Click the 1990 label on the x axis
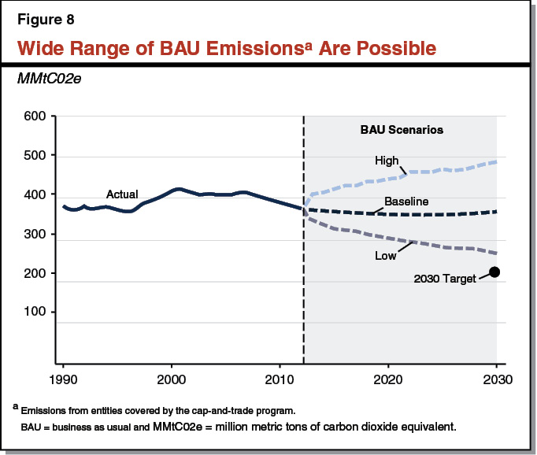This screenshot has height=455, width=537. (x=63, y=379)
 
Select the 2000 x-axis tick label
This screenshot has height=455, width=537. (x=172, y=379)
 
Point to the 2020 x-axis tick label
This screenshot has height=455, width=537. (x=388, y=379)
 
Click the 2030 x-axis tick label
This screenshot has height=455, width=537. (x=496, y=379)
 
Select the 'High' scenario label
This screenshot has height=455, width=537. (x=387, y=161)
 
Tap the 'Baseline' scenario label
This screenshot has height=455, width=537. (x=406, y=202)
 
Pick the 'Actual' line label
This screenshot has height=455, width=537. (x=122, y=194)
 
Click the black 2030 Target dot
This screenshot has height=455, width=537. (x=495, y=272)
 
